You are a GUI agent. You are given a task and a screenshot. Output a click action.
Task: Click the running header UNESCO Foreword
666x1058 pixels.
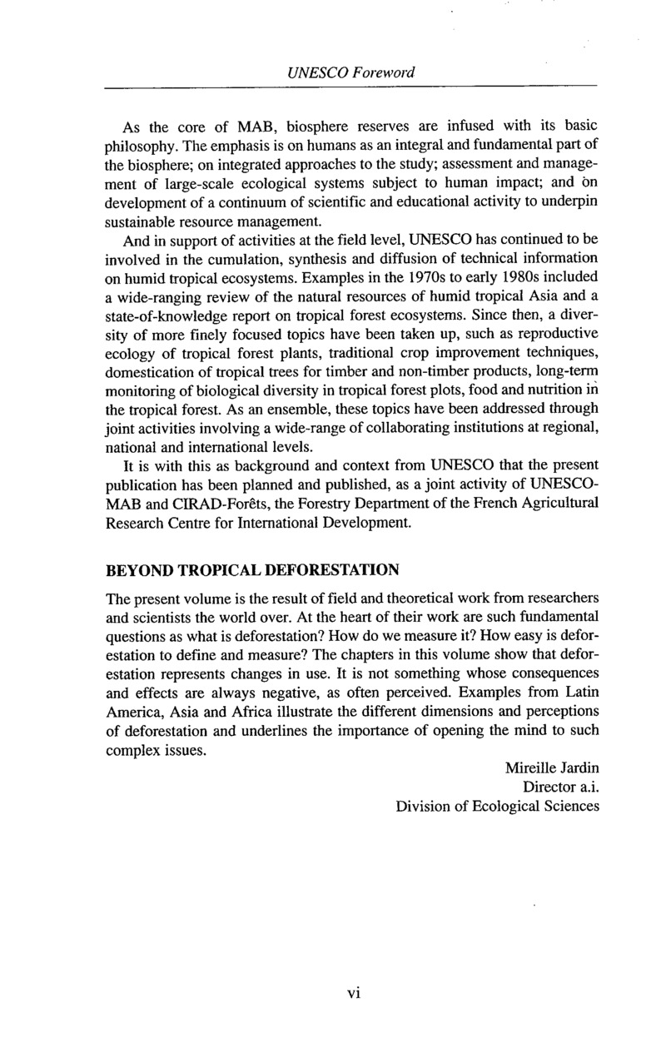click(350, 72)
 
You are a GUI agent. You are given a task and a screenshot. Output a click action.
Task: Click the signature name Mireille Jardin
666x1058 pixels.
click(551, 766)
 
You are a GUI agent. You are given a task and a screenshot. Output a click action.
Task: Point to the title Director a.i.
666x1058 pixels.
click(560, 786)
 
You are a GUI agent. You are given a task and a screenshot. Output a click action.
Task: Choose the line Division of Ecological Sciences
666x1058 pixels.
click(497, 806)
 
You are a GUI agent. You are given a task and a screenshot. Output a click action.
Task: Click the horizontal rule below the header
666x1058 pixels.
click(350, 86)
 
